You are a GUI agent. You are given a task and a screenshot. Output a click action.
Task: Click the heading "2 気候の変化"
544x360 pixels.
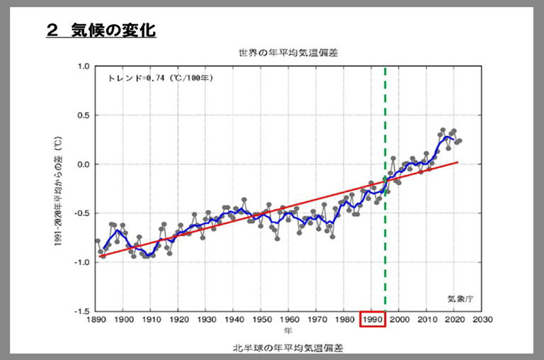click(101, 30)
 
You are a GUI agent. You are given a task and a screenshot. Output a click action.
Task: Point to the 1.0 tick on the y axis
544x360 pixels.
click(82, 67)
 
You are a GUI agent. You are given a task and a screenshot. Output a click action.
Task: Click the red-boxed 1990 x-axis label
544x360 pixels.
click(372, 320)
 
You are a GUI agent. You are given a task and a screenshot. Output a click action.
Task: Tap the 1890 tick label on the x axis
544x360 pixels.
click(96, 320)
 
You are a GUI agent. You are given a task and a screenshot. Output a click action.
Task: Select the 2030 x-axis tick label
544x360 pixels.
click(482, 320)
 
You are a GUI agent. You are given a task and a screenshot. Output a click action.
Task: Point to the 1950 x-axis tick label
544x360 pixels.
click(261, 320)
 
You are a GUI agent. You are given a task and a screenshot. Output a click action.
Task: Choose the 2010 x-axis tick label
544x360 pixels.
click(427, 320)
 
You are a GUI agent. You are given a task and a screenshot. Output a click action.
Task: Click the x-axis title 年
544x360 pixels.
click(288, 331)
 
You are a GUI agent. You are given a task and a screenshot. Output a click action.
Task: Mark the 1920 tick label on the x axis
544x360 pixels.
click(178, 320)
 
